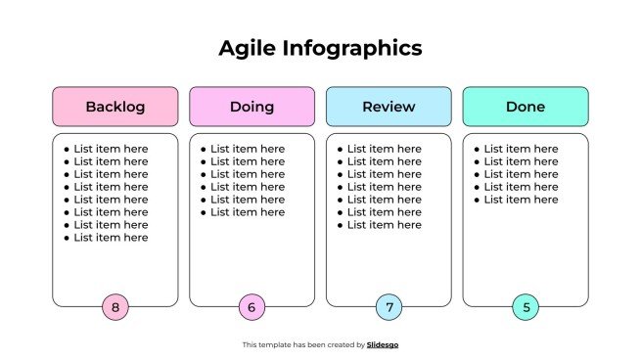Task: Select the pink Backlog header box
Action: click(x=115, y=107)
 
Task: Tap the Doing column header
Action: click(x=252, y=107)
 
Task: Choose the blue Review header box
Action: click(x=389, y=107)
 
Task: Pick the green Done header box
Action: click(x=526, y=107)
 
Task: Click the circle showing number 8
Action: click(x=115, y=307)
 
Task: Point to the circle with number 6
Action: click(x=252, y=307)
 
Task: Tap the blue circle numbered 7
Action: click(x=389, y=307)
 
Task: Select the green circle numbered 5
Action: click(x=526, y=307)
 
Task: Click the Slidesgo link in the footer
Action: click(x=383, y=344)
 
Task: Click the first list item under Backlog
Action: click(x=111, y=149)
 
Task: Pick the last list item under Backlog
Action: click(x=111, y=238)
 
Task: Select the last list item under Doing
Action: click(x=248, y=212)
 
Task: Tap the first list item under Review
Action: click(x=385, y=149)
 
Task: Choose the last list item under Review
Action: click(x=385, y=225)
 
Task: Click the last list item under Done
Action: click(x=521, y=200)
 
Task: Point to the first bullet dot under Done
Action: click(x=477, y=150)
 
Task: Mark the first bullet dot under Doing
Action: click(x=203, y=150)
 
